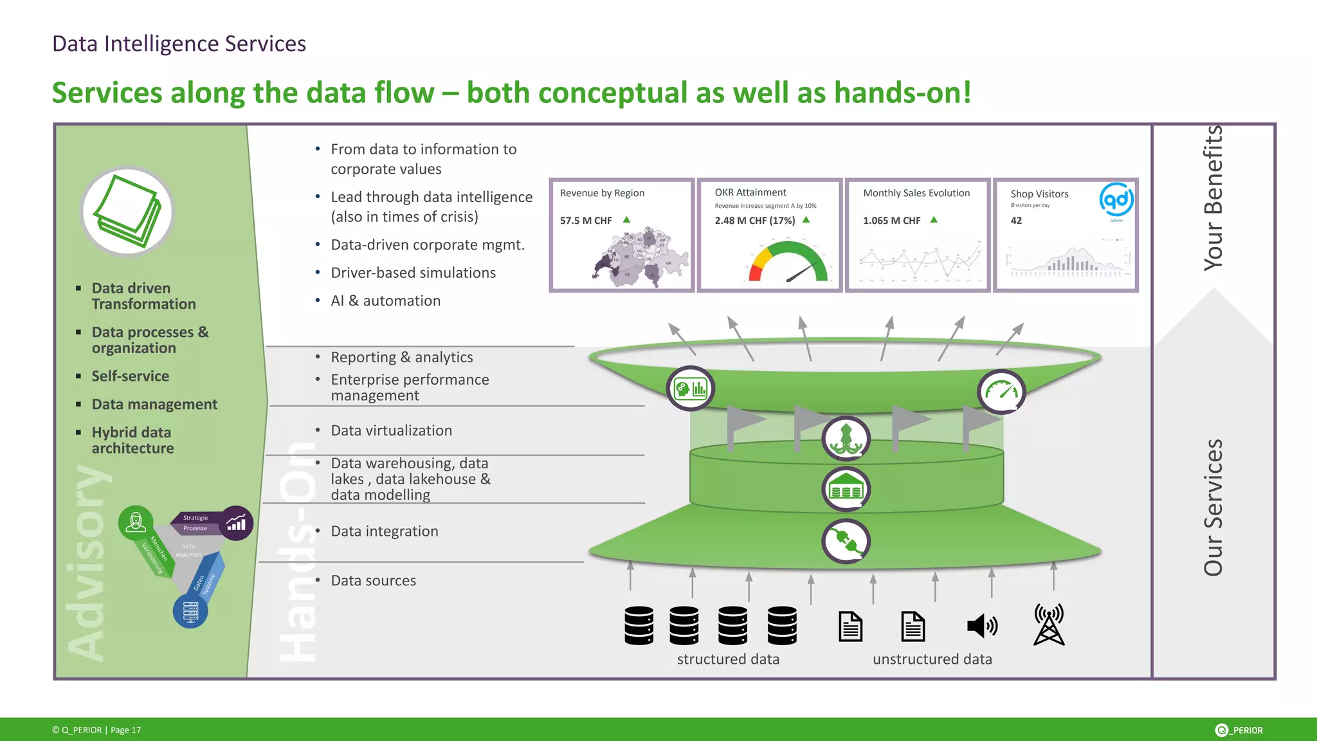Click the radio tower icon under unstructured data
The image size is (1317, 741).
[x=1049, y=625]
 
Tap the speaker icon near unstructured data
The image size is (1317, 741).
[x=981, y=625]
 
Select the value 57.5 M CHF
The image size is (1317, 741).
[x=586, y=221]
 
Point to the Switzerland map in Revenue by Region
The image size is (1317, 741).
[x=640, y=257]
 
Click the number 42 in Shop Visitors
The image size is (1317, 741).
[x=1016, y=221]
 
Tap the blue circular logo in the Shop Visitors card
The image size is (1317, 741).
[x=1116, y=200]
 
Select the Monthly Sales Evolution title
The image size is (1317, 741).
[x=916, y=193]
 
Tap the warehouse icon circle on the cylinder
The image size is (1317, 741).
[x=846, y=489]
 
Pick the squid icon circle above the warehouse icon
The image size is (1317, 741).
[x=846, y=439]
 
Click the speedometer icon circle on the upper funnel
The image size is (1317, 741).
[x=1001, y=392]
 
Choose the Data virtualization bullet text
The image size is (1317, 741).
[x=391, y=430]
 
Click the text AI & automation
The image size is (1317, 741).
[x=385, y=301]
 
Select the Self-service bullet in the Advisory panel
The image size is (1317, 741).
[x=130, y=376]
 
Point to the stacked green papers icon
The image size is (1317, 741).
[x=128, y=212]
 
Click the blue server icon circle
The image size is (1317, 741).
[x=190, y=610]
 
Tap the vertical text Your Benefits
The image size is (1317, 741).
[x=1213, y=198]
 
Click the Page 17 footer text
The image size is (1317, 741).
[x=125, y=730]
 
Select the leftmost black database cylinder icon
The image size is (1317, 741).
[x=639, y=625]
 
